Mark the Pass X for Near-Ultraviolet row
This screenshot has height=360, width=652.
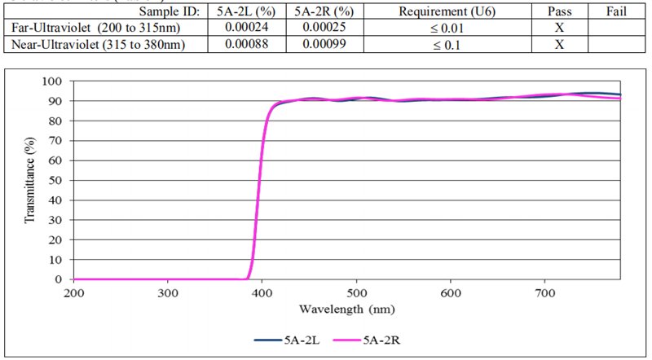pos(559,44)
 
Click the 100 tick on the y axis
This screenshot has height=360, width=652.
pos(52,81)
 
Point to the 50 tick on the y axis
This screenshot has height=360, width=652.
pos(55,180)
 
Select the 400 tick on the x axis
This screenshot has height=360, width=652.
pos(262,293)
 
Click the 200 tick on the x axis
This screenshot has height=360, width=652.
pos(73,293)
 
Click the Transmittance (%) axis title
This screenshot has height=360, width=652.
pos(30,180)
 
